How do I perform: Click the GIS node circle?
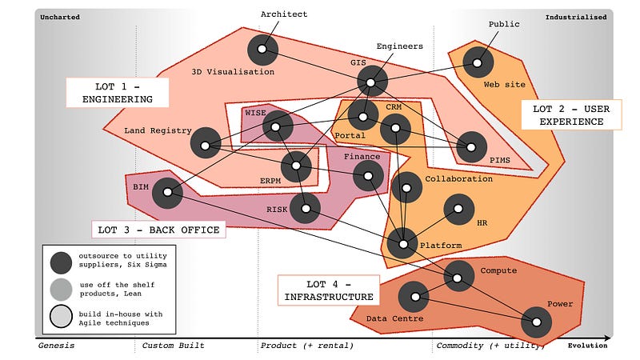click(372, 80)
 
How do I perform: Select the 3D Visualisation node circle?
click(262, 51)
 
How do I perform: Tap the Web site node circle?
click(478, 62)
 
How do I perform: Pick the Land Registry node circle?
click(206, 146)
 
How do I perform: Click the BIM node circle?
click(167, 192)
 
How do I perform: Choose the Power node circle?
click(537, 322)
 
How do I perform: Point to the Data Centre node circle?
click(414, 298)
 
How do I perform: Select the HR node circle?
click(459, 210)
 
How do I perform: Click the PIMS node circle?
click(472, 146)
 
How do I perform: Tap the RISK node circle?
click(305, 209)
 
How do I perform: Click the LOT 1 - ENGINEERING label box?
click(118, 93)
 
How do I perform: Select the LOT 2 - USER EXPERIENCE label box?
click(571, 114)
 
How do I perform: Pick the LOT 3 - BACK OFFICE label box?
click(158, 230)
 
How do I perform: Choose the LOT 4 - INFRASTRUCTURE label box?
click(328, 290)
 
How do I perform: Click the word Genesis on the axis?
click(57, 346)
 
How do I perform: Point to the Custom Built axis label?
click(173, 346)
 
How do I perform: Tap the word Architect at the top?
click(284, 14)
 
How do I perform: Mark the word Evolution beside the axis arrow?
click(589, 346)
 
